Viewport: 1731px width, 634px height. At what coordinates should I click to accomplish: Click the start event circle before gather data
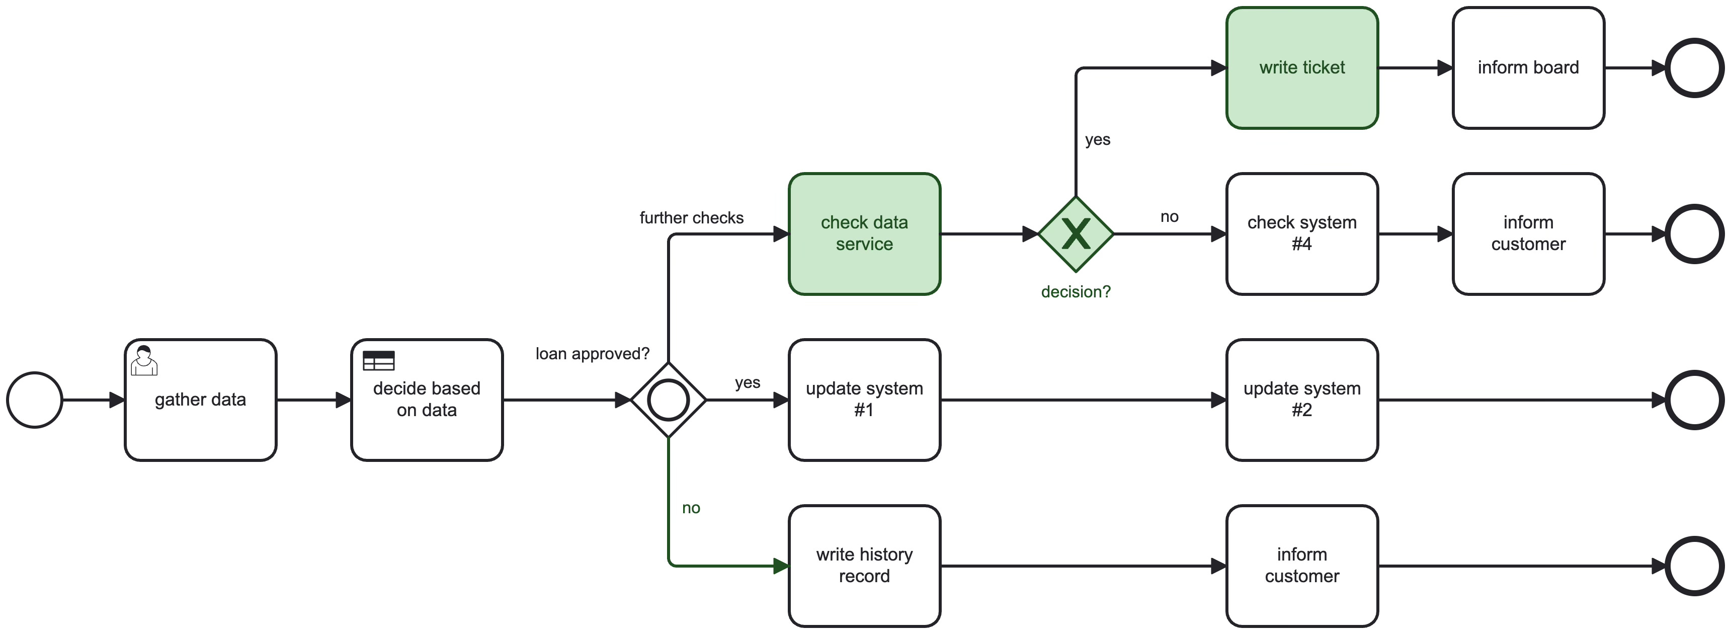click(35, 400)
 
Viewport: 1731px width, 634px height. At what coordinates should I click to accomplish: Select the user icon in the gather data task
click(144, 361)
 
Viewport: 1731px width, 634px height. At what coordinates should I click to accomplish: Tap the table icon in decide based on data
click(378, 361)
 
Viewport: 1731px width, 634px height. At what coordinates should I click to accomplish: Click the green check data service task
click(864, 234)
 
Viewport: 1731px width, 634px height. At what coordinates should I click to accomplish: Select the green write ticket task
click(1302, 68)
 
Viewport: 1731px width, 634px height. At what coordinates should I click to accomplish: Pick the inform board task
click(1528, 68)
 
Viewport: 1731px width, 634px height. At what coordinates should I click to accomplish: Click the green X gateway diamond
click(1076, 234)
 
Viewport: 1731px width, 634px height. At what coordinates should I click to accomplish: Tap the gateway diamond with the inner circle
click(668, 400)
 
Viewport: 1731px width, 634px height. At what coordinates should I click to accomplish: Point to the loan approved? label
click(592, 354)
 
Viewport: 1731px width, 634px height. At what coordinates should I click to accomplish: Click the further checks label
click(692, 218)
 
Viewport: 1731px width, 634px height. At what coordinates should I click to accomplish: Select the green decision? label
click(1076, 292)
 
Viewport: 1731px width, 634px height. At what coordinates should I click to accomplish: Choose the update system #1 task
click(864, 400)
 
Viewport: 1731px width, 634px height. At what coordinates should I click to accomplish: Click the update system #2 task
click(1302, 400)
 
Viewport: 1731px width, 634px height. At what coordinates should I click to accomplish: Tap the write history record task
click(864, 566)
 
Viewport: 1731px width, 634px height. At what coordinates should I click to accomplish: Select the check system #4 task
click(1302, 234)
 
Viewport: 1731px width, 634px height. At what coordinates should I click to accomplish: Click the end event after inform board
click(1695, 68)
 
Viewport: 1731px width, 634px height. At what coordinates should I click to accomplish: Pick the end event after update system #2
click(1695, 400)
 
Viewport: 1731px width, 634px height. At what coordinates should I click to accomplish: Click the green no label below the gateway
click(691, 508)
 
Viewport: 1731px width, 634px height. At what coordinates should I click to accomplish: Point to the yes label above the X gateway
click(1097, 140)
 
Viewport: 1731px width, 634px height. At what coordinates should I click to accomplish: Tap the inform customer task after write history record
click(1302, 566)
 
